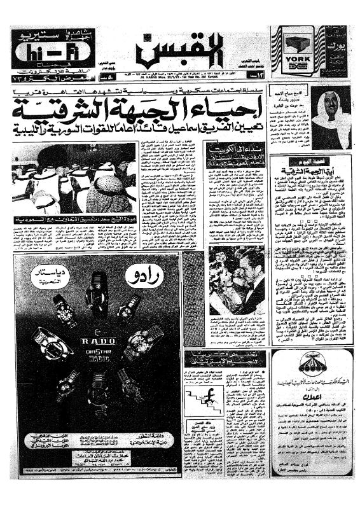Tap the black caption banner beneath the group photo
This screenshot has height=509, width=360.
[74, 220]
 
